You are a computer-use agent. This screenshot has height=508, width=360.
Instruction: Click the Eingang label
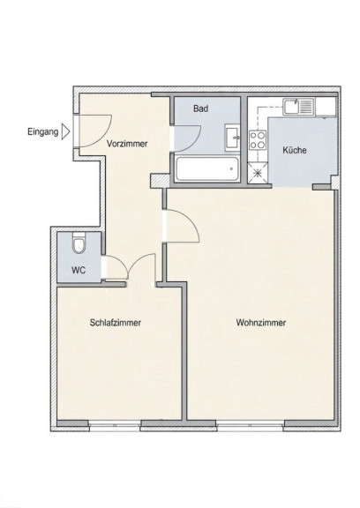point(42,132)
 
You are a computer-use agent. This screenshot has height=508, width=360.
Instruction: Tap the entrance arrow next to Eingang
point(66,132)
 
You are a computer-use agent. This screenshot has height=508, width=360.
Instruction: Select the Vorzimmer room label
point(127,144)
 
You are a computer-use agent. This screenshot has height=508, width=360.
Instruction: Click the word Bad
point(200,108)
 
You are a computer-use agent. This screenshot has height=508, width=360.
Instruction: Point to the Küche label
point(294,150)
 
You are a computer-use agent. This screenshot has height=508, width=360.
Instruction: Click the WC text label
point(79,270)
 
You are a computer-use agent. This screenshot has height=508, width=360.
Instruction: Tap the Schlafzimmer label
point(116,323)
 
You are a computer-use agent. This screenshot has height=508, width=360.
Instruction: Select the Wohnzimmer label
point(261,323)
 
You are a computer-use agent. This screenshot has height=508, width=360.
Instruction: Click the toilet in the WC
point(79,243)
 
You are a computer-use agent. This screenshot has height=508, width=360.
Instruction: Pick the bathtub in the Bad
point(207,169)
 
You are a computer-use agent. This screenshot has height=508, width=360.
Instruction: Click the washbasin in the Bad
point(232,138)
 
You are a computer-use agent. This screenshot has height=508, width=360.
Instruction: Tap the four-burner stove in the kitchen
point(258,140)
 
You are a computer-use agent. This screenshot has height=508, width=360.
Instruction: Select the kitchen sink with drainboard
point(298,108)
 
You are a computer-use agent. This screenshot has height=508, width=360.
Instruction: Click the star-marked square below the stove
point(258,173)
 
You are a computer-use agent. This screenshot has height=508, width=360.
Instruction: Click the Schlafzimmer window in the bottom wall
point(115,425)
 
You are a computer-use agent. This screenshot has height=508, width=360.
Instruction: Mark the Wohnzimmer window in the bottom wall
point(251,425)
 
